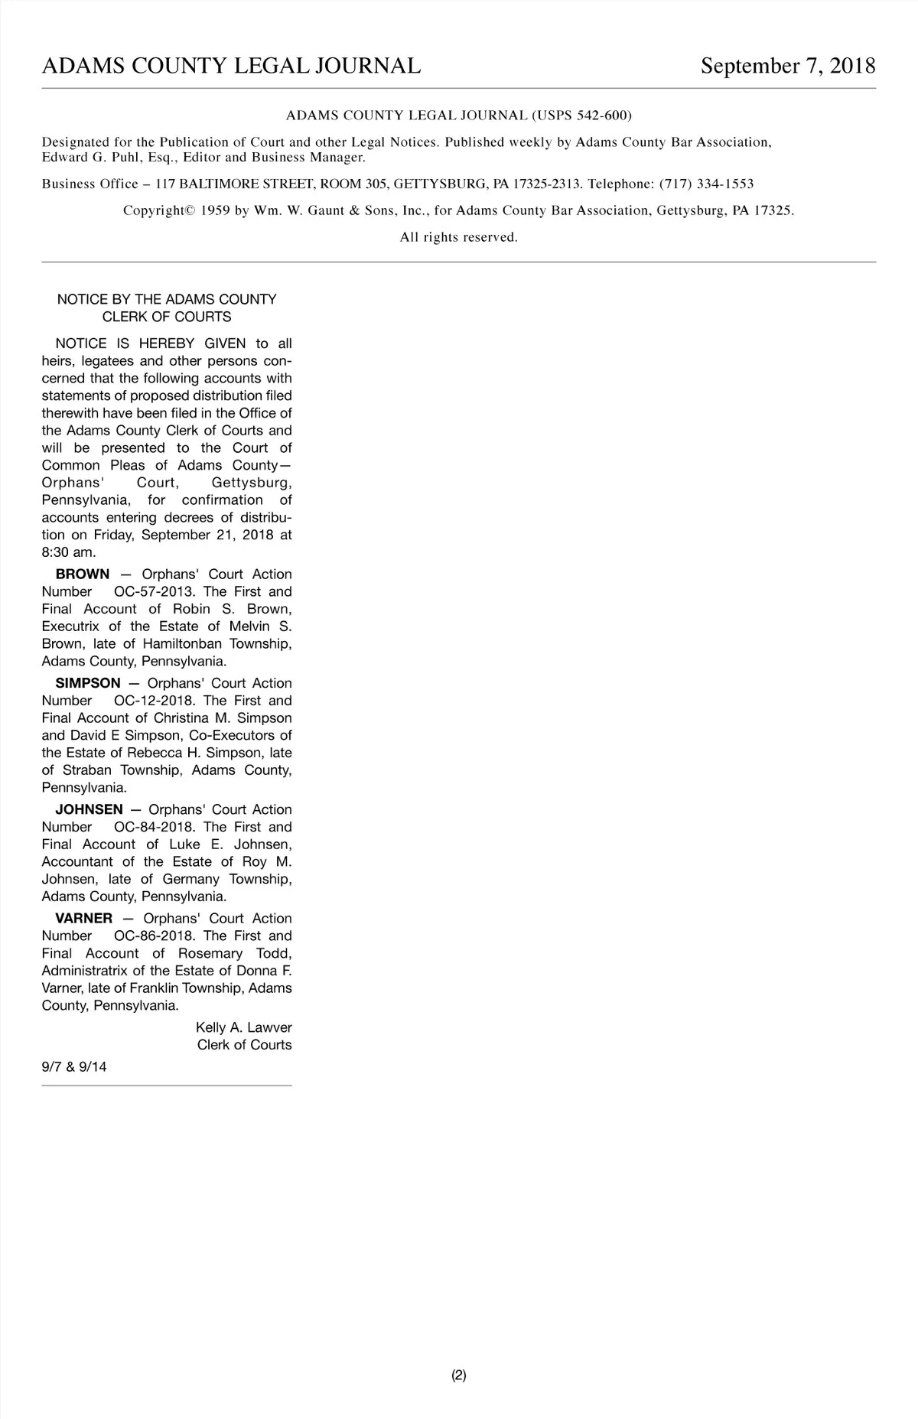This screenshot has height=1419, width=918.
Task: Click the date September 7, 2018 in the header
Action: click(788, 66)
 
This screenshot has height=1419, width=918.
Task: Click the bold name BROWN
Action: click(83, 574)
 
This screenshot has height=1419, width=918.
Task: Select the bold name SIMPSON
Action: click(88, 683)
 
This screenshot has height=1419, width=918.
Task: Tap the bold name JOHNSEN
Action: click(89, 809)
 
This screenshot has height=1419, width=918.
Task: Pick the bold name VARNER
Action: click(84, 918)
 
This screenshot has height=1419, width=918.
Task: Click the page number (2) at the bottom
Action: click(459, 1375)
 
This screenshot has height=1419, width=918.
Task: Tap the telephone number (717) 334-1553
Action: click(706, 184)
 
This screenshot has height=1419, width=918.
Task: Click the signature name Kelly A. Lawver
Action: click(244, 1027)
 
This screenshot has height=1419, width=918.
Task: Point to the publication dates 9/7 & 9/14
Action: click(74, 1066)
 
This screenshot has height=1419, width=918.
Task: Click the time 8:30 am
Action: click(69, 552)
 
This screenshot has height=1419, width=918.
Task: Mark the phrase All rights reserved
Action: click(459, 237)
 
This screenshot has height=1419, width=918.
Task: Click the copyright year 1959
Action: click(216, 210)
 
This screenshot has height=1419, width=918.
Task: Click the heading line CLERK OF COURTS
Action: click(167, 317)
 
